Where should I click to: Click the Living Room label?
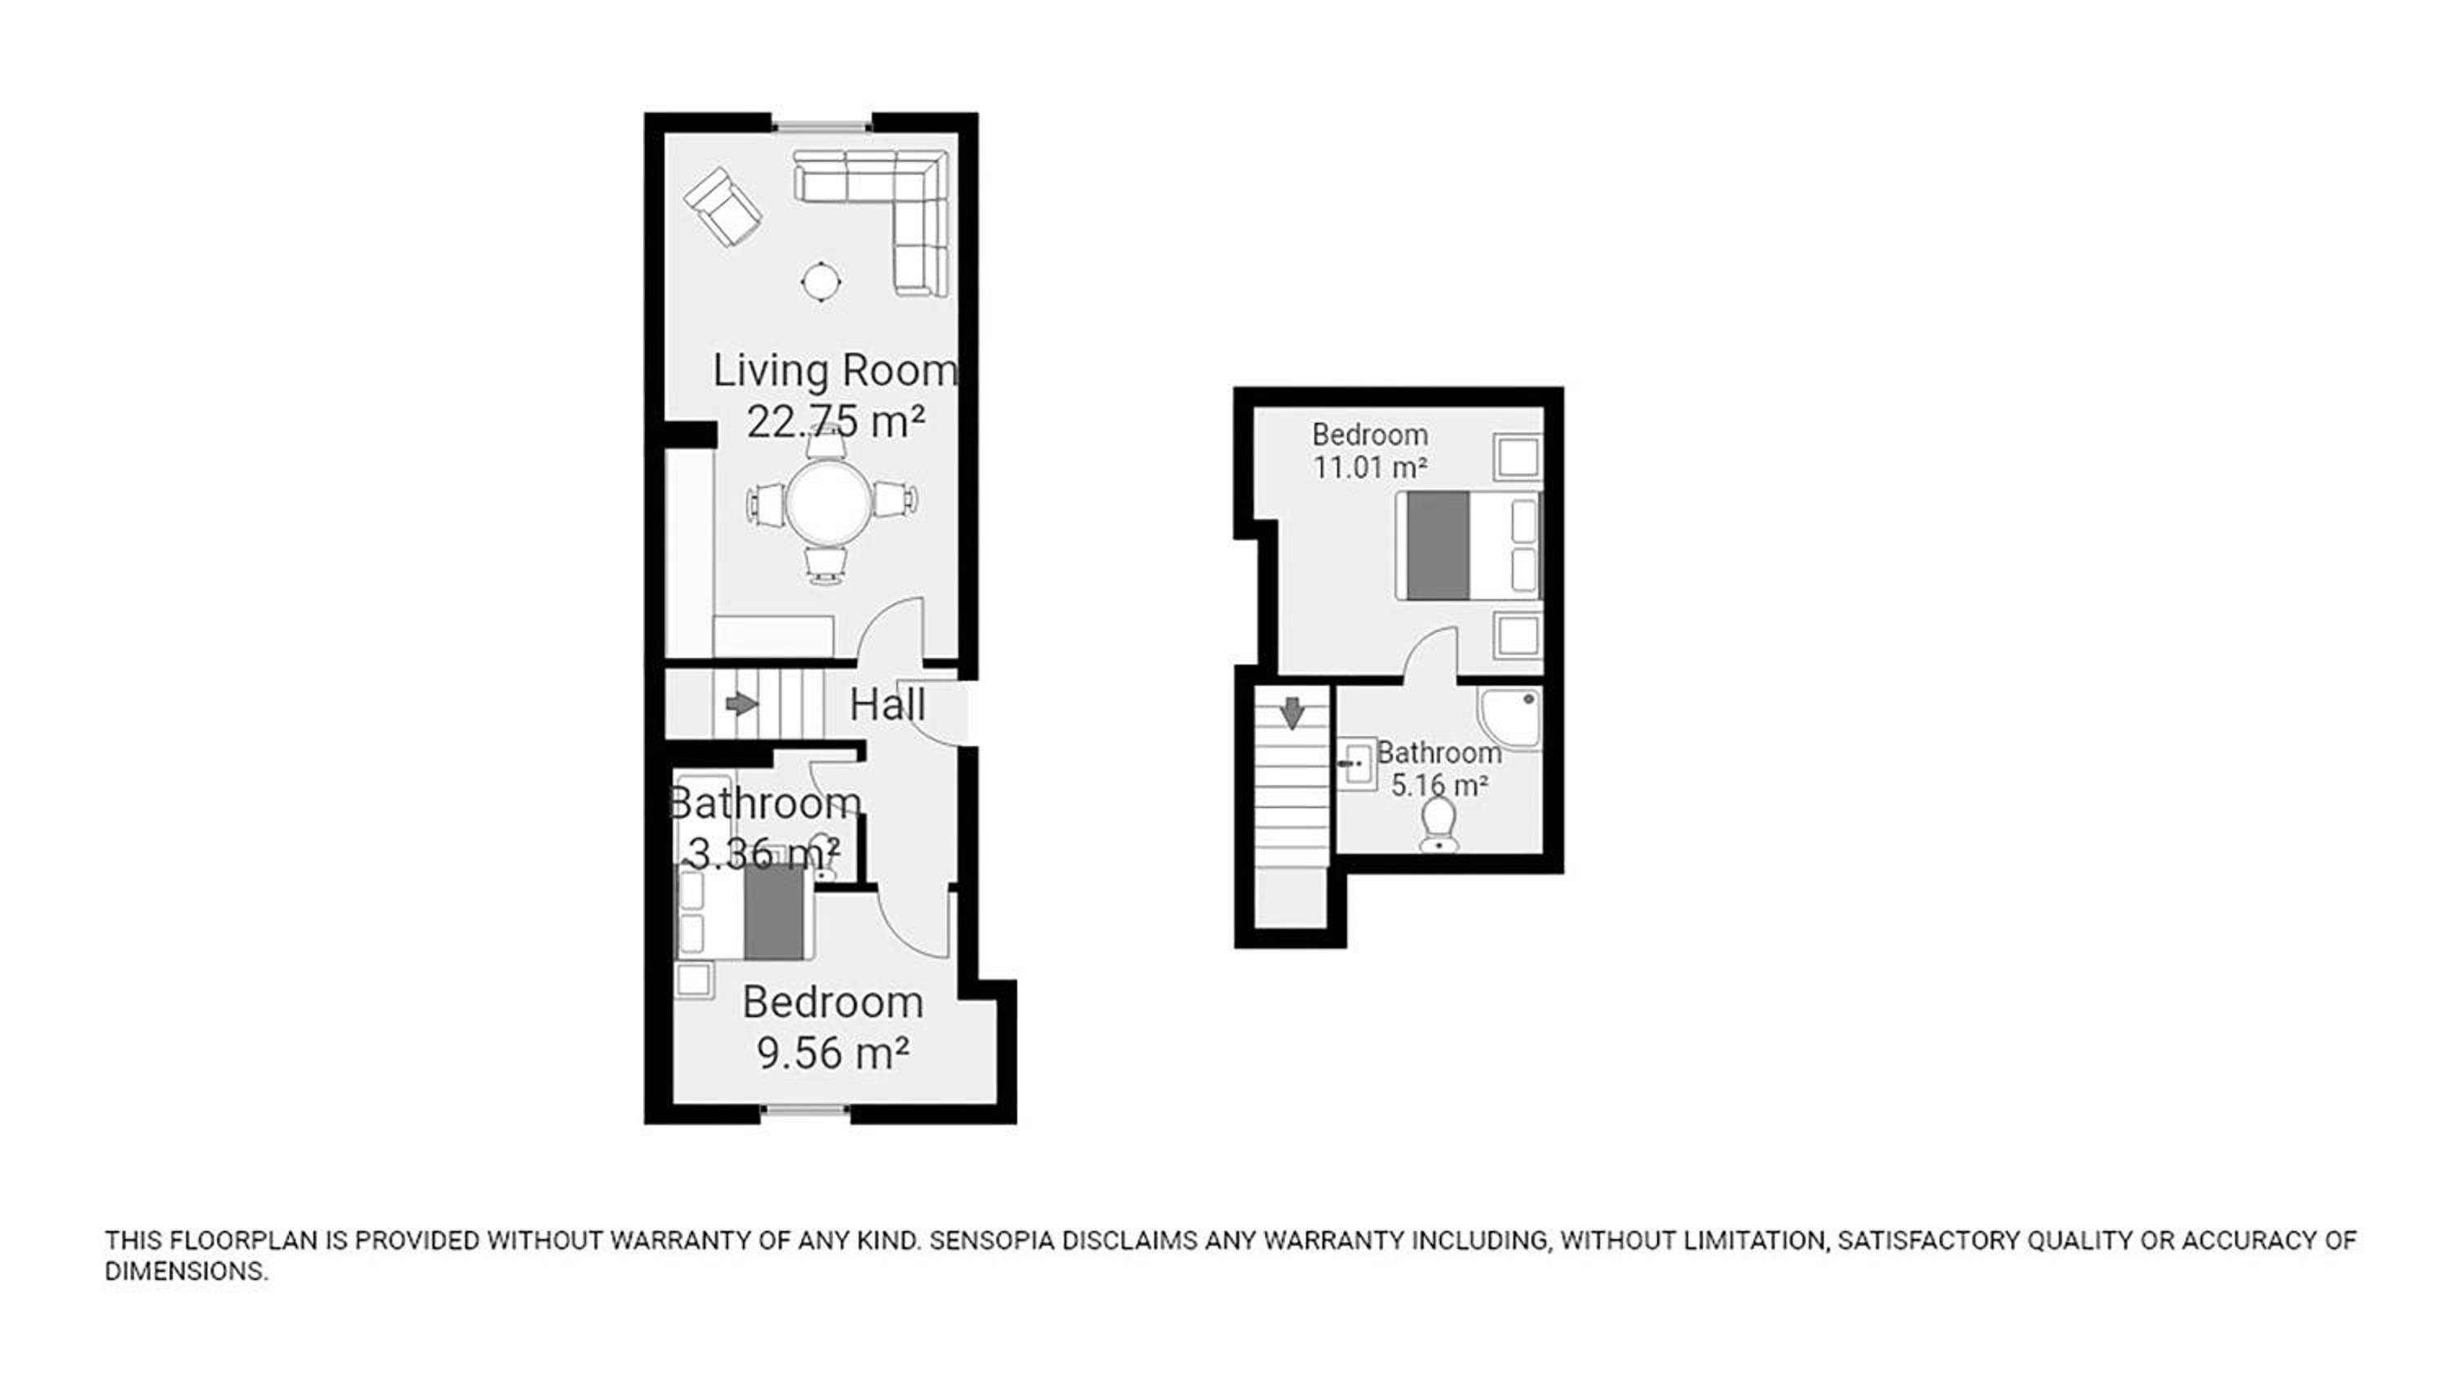click(x=835, y=371)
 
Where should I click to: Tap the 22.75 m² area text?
click(x=835, y=421)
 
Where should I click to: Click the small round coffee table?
click(x=820, y=282)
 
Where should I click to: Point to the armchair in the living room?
click(x=723, y=207)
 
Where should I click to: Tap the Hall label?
click(x=887, y=706)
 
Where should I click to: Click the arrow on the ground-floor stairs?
click(x=741, y=705)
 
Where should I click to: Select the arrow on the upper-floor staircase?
click(x=1292, y=713)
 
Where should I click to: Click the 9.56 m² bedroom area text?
click(x=832, y=1054)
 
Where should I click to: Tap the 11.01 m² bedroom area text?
click(x=1370, y=468)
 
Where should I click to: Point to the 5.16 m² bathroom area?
click(x=1438, y=785)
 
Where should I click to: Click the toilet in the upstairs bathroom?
click(x=1438, y=824)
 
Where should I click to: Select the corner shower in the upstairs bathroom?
click(x=1509, y=718)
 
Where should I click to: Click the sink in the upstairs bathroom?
click(x=1355, y=763)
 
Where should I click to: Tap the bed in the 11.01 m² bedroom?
click(x=1468, y=545)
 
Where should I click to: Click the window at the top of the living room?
click(x=821, y=123)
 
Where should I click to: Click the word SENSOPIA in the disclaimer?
click(x=992, y=1241)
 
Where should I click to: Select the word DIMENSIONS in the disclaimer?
click(x=186, y=1272)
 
